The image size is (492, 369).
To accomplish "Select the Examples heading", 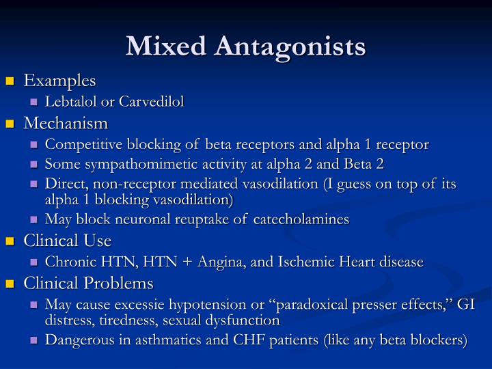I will [60, 81].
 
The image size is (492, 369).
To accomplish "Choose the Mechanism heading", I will [66, 123].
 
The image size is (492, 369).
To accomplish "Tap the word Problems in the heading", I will [123, 283].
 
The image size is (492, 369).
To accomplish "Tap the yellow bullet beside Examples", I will [10, 82].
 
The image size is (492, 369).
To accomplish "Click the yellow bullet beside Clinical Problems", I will [10, 284].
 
